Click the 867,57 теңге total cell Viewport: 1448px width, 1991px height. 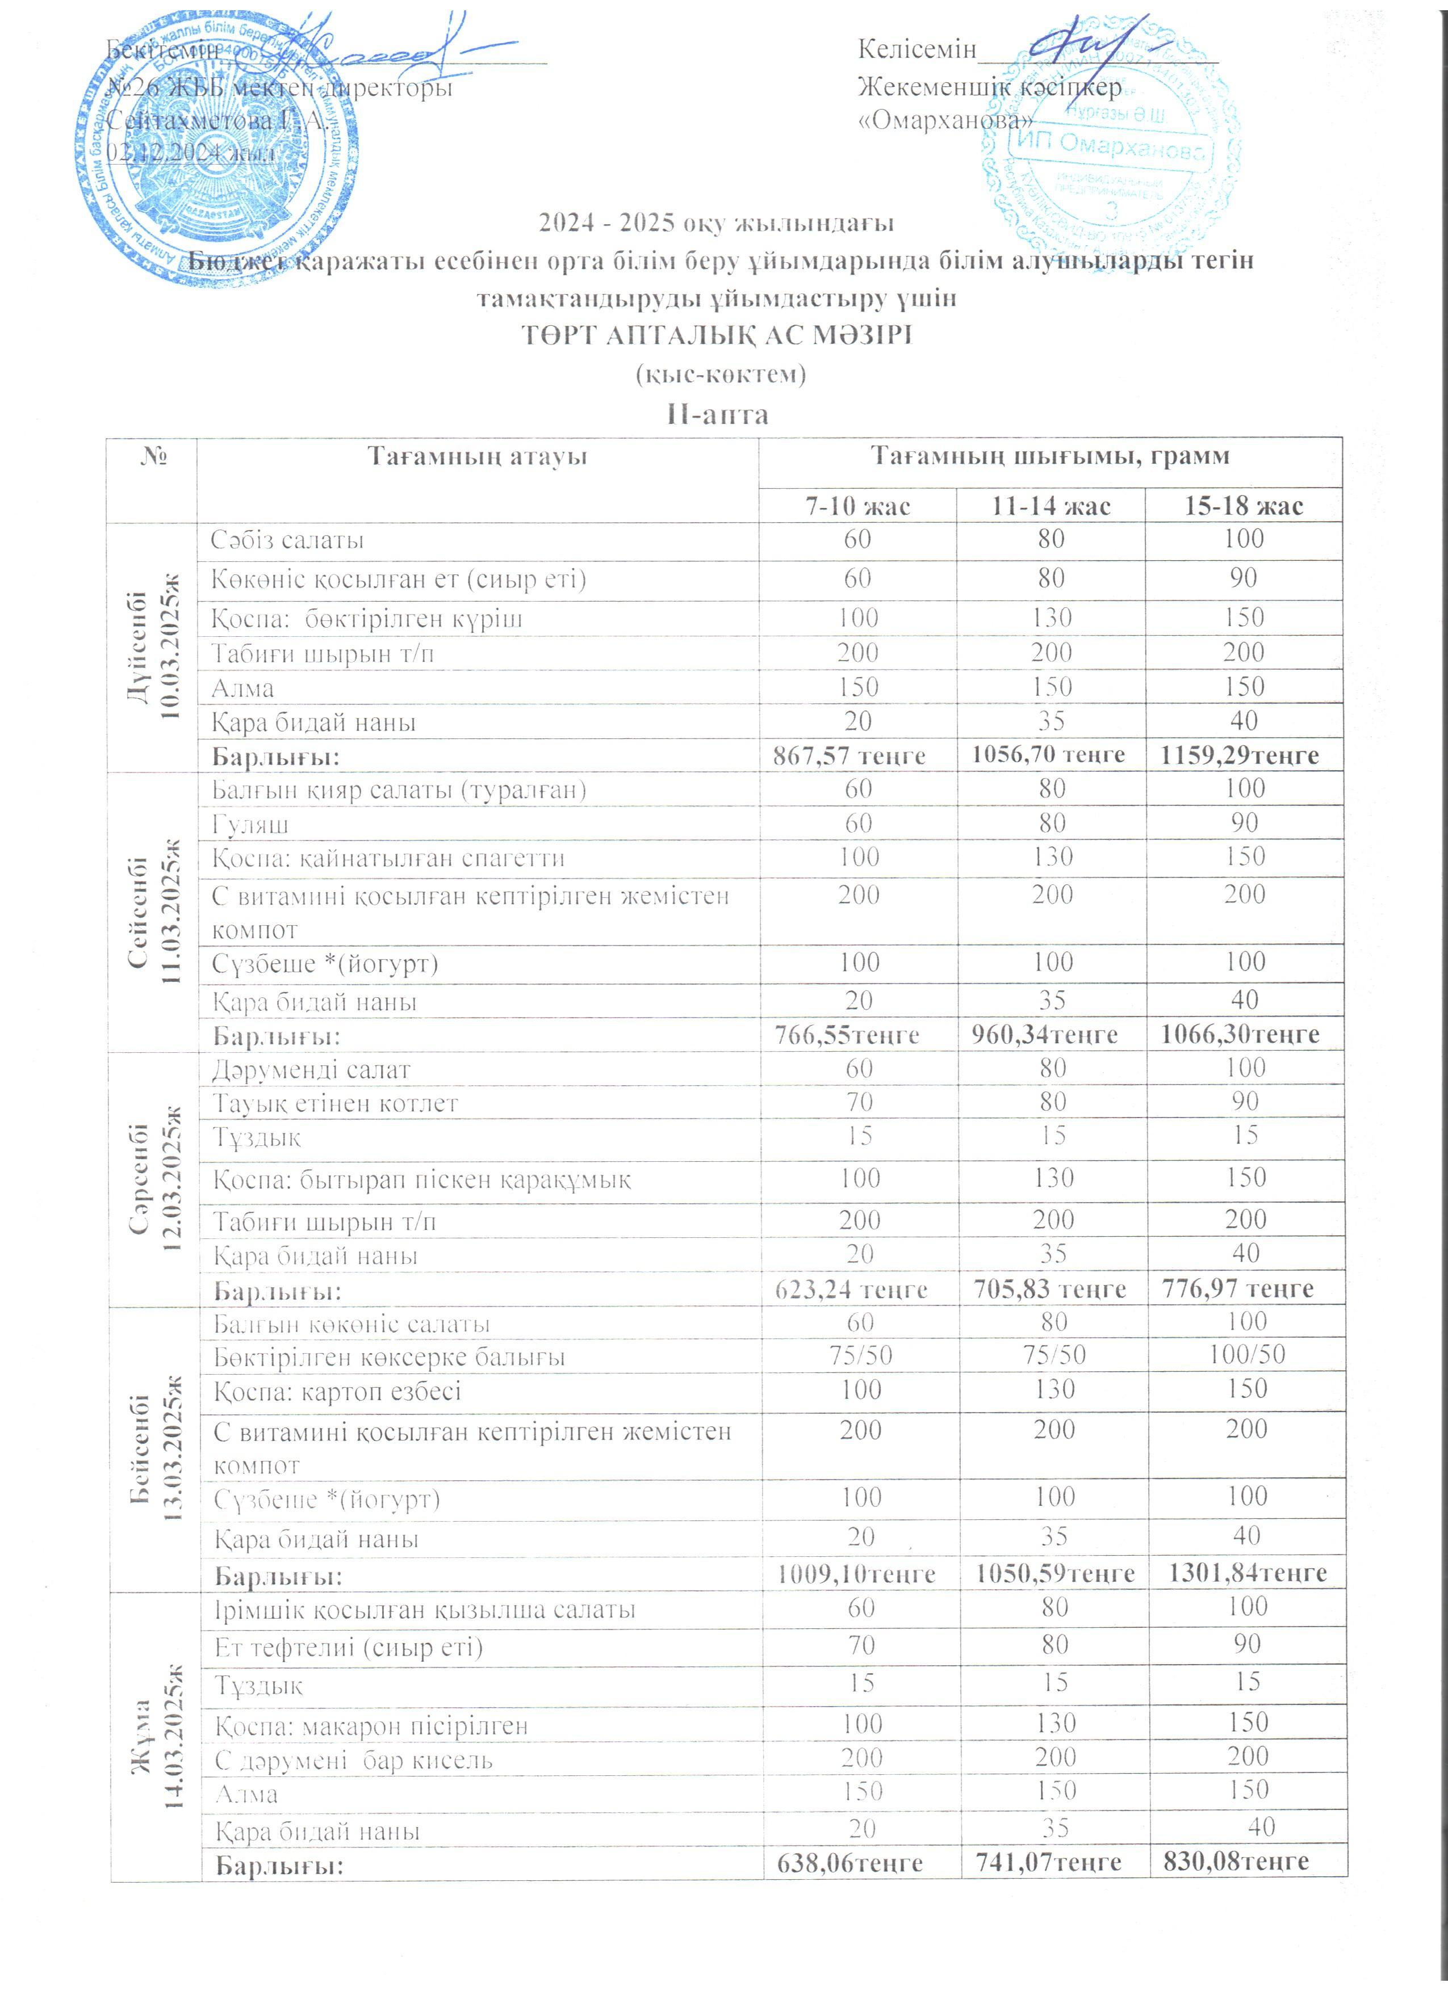(848, 755)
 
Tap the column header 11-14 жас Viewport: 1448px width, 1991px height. (1051, 506)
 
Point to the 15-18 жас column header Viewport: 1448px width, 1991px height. (1244, 506)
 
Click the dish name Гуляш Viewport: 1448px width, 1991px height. (250, 824)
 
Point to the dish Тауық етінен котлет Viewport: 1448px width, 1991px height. (336, 1103)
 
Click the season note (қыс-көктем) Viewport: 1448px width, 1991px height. (719, 375)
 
